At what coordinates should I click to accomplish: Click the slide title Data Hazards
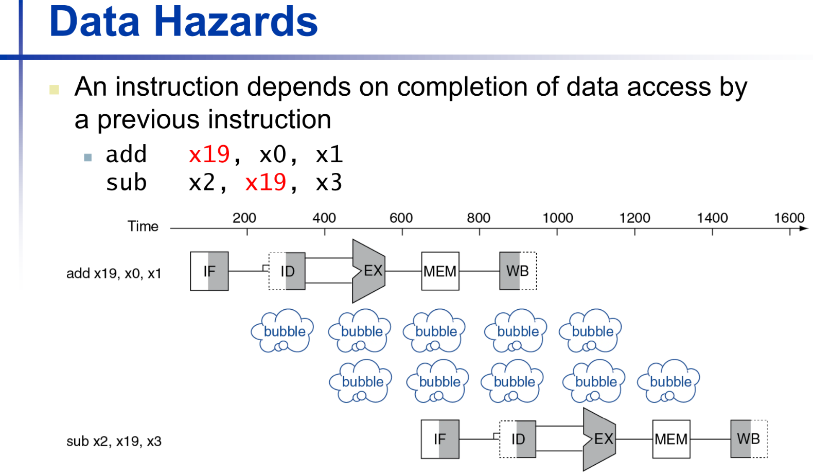[183, 21]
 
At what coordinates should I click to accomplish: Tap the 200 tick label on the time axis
[244, 218]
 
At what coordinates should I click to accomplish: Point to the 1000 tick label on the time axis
[557, 218]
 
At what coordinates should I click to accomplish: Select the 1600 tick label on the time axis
[789, 218]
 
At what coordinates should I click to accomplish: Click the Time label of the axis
[143, 226]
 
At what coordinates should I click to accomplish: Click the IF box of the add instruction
[209, 271]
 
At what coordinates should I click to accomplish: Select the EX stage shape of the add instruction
[369, 271]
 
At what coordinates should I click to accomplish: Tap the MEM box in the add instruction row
[440, 271]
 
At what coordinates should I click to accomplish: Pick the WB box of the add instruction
[518, 271]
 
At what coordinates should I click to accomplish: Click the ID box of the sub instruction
[518, 439]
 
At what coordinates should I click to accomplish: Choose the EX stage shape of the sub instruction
[599, 439]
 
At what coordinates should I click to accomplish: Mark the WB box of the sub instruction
[749, 439]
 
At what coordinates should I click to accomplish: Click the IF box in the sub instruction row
[440, 439]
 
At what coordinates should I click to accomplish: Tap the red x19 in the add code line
[209, 154]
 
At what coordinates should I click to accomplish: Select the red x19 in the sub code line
[266, 182]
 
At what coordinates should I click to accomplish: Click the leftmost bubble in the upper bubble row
[282, 330]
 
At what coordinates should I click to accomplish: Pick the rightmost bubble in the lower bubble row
[668, 381]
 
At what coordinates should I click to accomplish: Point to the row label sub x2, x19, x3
[114, 442]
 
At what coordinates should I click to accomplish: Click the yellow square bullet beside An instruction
[54, 89]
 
